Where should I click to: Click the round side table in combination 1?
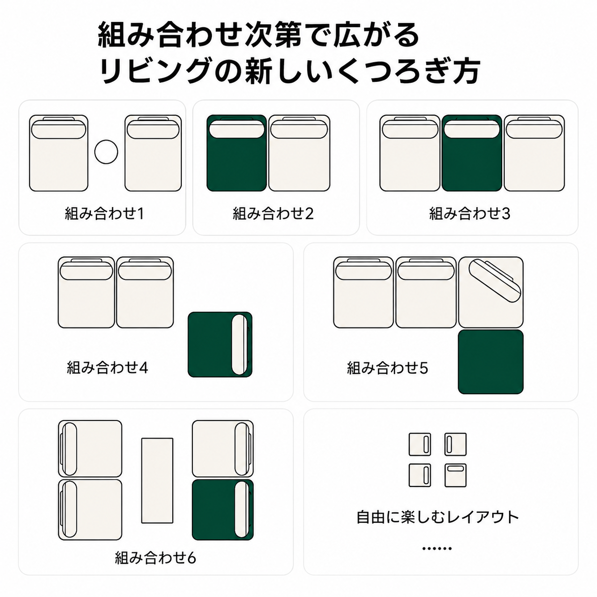(106, 152)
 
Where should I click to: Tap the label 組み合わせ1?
(104, 213)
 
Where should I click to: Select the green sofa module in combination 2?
(237, 153)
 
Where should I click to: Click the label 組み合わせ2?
(273, 213)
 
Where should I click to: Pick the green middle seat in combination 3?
(472, 153)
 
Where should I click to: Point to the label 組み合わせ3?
(469, 213)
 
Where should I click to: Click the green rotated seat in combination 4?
(220, 345)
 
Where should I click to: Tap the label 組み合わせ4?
(108, 368)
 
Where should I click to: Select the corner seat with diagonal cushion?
(491, 292)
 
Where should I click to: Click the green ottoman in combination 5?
(491, 362)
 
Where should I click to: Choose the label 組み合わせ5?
(387, 368)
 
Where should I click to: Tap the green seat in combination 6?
(223, 509)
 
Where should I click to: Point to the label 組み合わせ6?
(156, 558)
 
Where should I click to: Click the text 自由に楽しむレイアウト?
(438, 517)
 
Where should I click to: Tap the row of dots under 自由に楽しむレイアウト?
(437, 548)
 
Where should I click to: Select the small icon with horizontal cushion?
(456, 475)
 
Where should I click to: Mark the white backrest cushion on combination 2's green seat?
(237, 129)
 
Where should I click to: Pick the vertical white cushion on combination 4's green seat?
(239, 345)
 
